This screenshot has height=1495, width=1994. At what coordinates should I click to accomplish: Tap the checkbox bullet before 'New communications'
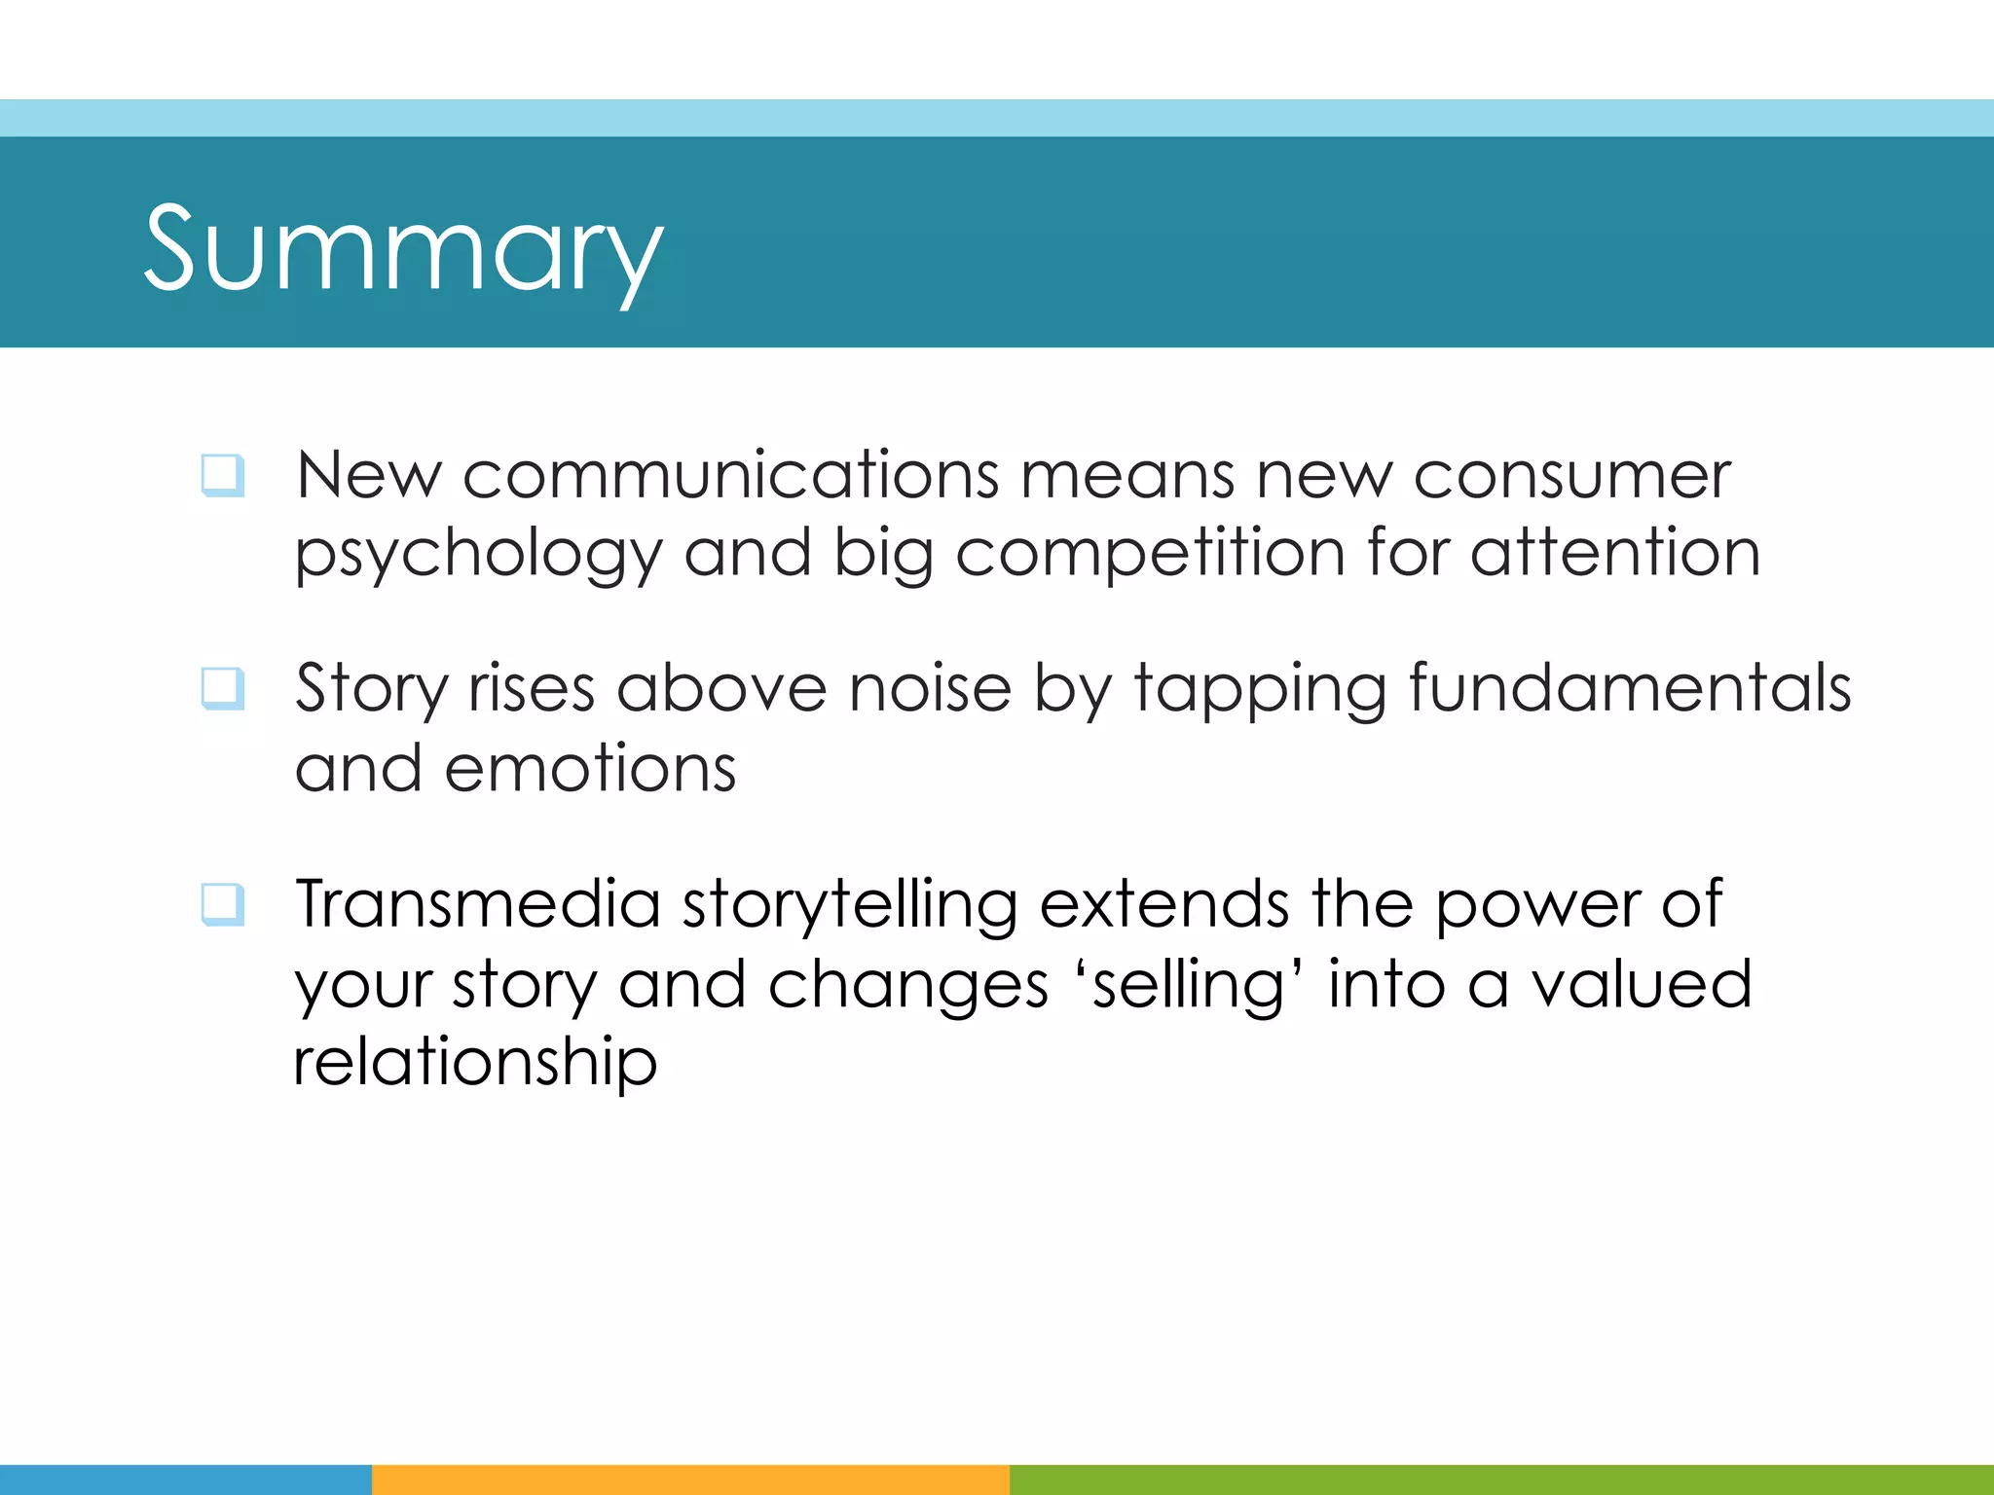point(222,476)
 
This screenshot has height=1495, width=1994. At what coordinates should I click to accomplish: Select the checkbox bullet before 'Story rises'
point(222,689)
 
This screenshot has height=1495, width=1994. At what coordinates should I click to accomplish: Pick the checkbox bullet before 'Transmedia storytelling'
point(222,904)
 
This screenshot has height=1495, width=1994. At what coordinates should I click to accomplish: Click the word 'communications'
point(730,476)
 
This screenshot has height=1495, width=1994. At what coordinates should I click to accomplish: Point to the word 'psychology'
point(478,556)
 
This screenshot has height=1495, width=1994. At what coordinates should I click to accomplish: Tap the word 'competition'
point(1150,556)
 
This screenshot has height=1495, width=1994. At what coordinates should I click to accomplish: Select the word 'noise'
point(930,689)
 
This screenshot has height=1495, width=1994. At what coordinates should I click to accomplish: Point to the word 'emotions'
point(590,769)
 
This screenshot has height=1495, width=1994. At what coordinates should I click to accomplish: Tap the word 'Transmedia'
point(478,904)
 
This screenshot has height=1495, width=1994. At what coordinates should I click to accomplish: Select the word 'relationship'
point(475,1064)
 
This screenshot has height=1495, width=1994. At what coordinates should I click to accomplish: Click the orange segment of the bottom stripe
point(690,1479)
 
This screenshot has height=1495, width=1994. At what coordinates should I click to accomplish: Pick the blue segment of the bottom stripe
point(185,1479)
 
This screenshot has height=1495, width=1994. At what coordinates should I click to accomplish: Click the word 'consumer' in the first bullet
point(1571,476)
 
